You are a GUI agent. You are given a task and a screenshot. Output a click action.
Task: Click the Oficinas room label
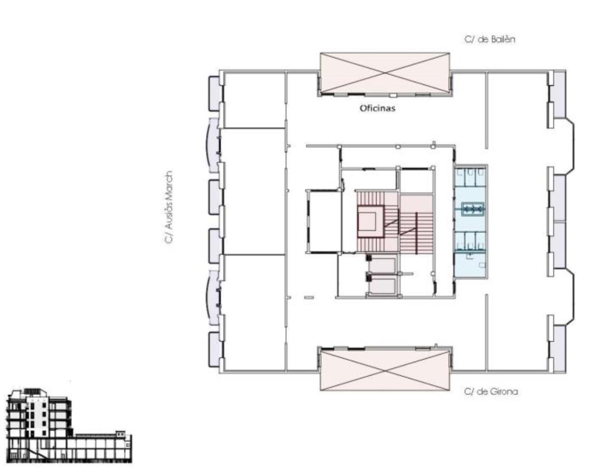(x=377, y=108)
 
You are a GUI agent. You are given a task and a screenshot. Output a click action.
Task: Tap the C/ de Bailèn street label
(x=490, y=39)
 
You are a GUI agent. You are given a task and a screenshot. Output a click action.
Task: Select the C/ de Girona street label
(x=491, y=392)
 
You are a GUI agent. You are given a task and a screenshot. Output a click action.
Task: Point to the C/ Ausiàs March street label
(x=169, y=207)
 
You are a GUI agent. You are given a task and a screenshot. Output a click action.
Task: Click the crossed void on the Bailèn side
(x=385, y=73)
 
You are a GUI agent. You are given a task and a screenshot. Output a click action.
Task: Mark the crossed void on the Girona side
(x=385, y=371)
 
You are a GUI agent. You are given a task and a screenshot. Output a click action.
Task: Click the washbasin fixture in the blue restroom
(x=473, y=209)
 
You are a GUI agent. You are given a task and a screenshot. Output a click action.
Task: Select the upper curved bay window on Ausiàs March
(x=212, y=145)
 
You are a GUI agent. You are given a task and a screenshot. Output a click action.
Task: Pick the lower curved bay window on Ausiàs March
(x=212, y=298)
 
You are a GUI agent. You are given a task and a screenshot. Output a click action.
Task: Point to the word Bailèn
(x=503, y=39)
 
